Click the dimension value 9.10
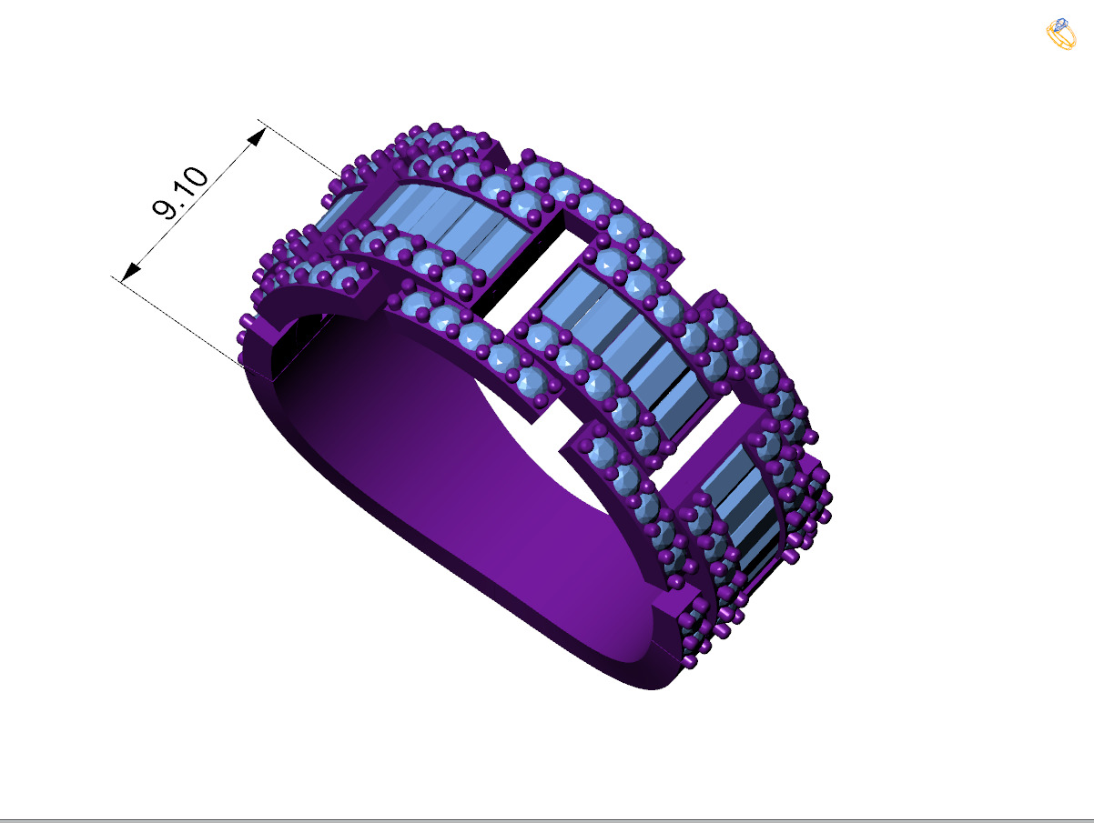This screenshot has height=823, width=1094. pos(180,195)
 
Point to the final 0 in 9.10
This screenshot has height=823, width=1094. pos(198,176)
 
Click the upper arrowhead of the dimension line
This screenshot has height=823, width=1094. pos(258,136)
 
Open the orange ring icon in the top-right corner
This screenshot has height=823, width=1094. pos(1060,35)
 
